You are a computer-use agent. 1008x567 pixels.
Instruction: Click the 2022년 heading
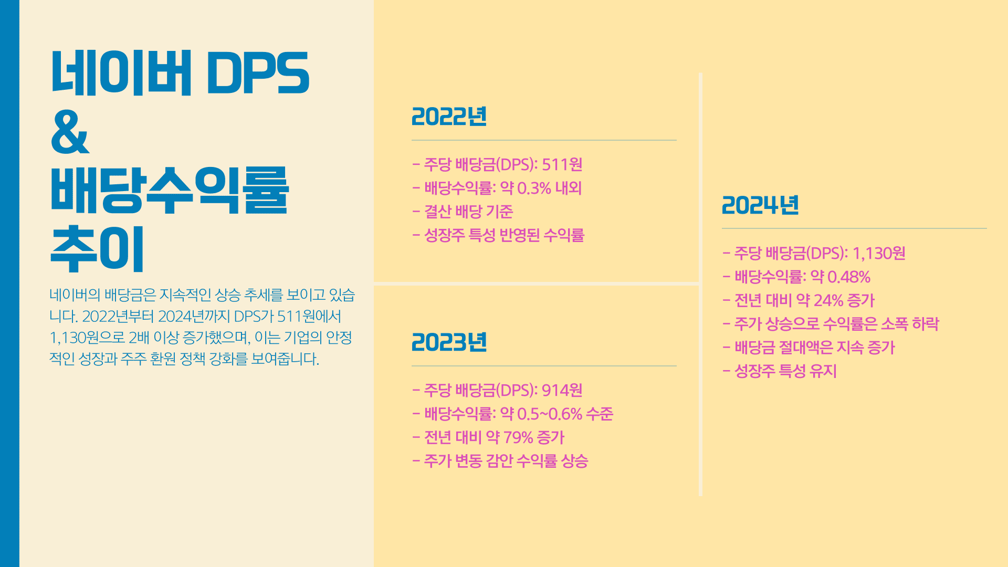click(449, 117)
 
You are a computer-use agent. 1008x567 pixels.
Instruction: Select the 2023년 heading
click(449, 342)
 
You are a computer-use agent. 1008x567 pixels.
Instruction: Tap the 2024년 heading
click(760, 205)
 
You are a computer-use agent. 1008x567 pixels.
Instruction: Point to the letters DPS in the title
click(258, 73)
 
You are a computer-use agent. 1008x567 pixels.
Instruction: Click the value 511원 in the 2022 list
click(562, 165)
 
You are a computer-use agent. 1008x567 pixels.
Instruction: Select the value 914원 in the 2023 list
click(562, 391)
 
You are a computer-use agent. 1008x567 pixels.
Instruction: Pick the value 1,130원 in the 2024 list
click(879, 254)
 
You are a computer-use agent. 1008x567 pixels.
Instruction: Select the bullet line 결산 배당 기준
click(463, 212)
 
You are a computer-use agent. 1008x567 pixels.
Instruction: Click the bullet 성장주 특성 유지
click(780, 372)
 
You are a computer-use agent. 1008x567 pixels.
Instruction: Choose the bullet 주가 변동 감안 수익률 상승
click(500, 461)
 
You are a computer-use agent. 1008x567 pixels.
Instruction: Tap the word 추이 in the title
click(97, 249)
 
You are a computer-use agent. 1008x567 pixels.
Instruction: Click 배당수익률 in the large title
click(170, 190)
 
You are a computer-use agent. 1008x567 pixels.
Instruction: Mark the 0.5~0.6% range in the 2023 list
click(550, 414)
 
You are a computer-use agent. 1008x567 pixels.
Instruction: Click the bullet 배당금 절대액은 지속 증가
click(808, 348)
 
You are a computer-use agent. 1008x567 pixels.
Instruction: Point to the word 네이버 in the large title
click(121, 73)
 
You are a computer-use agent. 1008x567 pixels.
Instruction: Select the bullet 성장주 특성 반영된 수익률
click(498, 236)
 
